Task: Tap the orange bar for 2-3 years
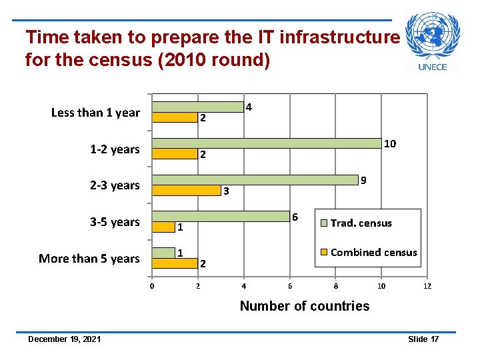pyautogui.click(x=187, y=191)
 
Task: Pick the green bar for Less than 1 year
pyautogui.click(x=198, y=107)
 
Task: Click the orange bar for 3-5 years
pyautogui.click(x=164, y=227)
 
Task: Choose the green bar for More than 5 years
pyautogui.click(x=164, y=253)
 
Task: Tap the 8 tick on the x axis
pyautogui.click(x=335, y=287)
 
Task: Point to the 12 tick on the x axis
pyautogui.click(x=427, y=287)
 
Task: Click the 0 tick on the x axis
pyautogui.click(x=152, y=287)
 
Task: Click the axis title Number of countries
pyautogui.click(x=304, y=306)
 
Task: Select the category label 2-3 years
pyautogui.click(x=115, y=185)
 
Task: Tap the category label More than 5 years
pyautogui.click(x=89, y=259)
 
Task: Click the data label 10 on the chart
pyautogui.click(x=390, y=144)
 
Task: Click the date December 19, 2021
pyautogui.click(x=65, y=339)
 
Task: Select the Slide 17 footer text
pyautogui.click(x=423, y=339)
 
